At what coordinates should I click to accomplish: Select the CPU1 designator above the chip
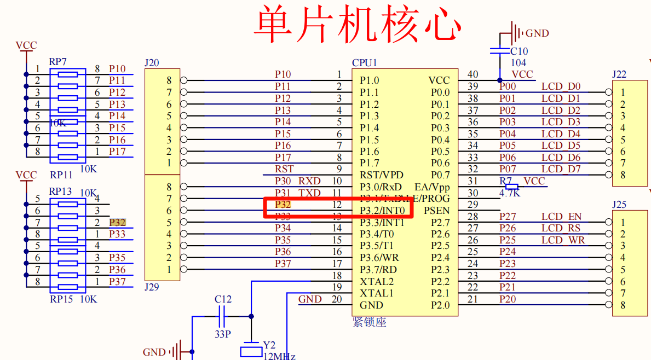tap(365, 63)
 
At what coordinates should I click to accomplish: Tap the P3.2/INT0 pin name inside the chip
tap(382, 211)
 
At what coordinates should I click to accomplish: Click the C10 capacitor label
tap(519, 51)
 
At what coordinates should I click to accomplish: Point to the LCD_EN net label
tap(561, 217)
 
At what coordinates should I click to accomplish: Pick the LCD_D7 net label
tap(561, 169)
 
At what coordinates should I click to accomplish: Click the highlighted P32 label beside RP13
tap(117, 222)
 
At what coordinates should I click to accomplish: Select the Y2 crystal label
tap(269, 345)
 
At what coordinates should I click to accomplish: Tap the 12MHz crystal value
tap(280, 356)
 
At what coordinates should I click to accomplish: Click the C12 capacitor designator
tap(223, 299)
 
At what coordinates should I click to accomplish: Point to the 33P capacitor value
tap(222, 333)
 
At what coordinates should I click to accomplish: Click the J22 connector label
tap(619, 74)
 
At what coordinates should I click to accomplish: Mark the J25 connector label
tap(619, 205)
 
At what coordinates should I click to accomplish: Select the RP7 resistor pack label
tap(57, 61)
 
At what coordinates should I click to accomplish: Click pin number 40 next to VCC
tap(472, 74)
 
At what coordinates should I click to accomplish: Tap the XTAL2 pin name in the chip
tap(377, 282)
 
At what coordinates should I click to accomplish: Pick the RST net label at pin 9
tap(284, 169)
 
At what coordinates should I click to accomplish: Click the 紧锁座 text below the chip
tap(370, 322)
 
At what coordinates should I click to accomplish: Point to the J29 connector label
tap(152, 287)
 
